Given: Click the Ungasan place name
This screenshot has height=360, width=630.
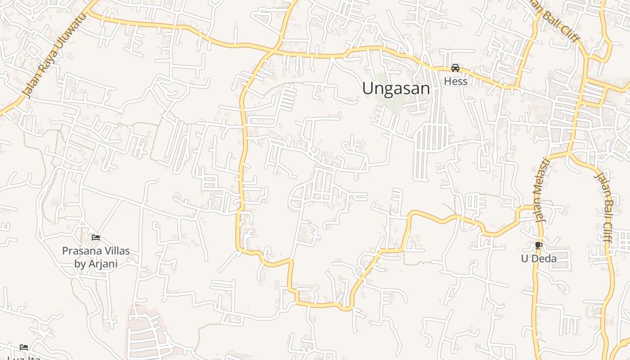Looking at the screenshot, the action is click(396, 89).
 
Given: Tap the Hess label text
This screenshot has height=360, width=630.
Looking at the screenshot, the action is click(455, 81).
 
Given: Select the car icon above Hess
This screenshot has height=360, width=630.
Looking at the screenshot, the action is click(455, 68).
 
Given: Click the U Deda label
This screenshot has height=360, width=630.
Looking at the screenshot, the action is click(539, 259).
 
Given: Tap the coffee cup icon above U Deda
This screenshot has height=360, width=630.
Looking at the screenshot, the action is click(538, 245).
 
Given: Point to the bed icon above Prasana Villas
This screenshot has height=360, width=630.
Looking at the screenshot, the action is click(95, 237).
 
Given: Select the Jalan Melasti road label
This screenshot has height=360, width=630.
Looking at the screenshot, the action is click(541, 190).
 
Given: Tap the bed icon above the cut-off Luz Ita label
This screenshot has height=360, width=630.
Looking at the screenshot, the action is click(24, 347).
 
